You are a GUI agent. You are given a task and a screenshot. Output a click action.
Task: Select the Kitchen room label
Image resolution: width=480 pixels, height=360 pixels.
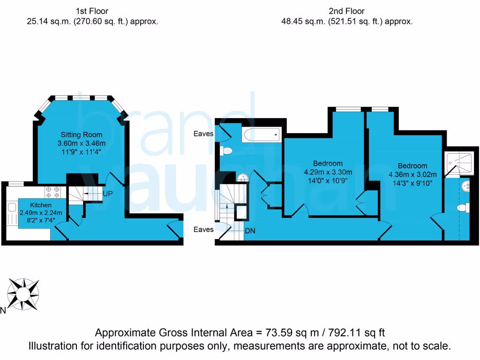pyautogui.click(x=41, y=205)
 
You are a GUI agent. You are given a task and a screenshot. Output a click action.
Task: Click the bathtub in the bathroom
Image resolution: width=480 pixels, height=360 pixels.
pyautogui.click(x=261, y=135)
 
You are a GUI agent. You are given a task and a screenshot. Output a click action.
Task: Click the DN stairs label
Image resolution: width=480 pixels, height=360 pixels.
pyautogui.click(x=250, y=231)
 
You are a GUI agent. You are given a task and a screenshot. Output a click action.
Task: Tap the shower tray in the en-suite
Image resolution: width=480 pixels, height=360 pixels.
pyautogui.click(x=460, y=163)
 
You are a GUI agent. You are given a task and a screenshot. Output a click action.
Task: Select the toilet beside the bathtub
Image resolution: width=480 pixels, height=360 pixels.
pyautogui.click(x=227, y=151)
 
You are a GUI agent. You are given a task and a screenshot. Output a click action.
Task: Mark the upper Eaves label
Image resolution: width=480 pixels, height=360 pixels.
pyautogui.click(x=204, y=134)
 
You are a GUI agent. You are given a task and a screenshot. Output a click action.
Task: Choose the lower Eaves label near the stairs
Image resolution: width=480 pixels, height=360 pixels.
pyautogui.click(x=204, y=230)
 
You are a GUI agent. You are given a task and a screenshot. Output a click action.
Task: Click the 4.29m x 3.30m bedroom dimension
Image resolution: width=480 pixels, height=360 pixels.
pyautogui.click(x=328, y=172)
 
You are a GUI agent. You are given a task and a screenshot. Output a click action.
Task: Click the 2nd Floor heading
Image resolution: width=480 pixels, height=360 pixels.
pyautogui.click(x=347, y=11)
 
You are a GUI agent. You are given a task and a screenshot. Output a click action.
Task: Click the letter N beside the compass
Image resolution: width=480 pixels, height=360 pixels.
pyautogui.click(x=3, y=310)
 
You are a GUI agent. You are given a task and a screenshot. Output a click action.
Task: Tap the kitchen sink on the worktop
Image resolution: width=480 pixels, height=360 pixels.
pyautogui.click(x=12, y=207)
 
